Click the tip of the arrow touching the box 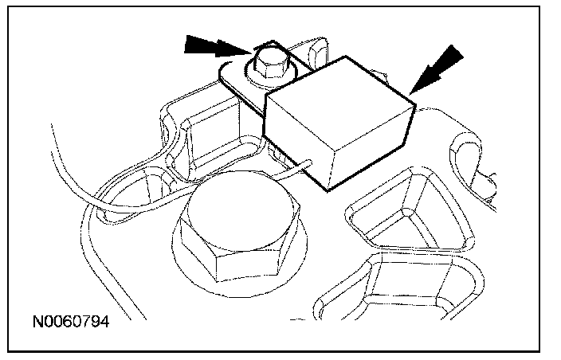412,93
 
